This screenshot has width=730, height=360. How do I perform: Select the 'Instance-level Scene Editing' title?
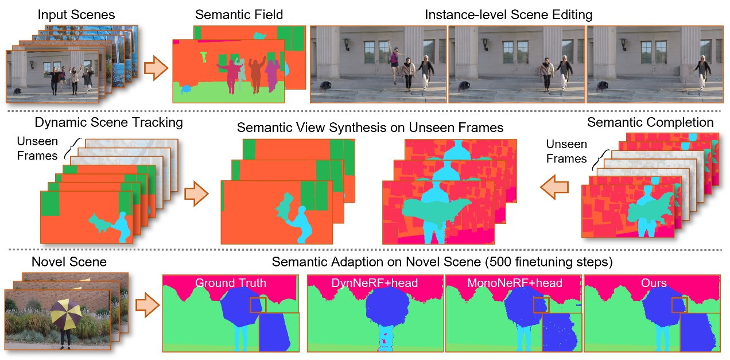[x=508, y=15]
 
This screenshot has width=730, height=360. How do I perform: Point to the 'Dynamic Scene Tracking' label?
[x=109, y=122]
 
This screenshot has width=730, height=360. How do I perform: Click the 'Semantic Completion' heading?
[x=651, y=122]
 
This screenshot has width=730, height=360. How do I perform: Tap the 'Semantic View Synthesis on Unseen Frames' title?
[x=370, y=127]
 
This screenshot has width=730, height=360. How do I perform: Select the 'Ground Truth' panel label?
[x=231, y=283]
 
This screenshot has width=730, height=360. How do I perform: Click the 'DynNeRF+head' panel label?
[x=375, y=283]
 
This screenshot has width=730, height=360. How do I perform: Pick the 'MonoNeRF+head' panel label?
[x=513, y=283]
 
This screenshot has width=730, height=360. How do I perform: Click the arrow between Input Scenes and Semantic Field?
[x=154, y=68]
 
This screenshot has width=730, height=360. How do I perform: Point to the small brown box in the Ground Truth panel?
[x=258, y=304]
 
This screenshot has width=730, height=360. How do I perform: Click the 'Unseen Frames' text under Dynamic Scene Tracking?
[x=37, y=149]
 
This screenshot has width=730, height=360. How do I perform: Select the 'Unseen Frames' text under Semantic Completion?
[x=567, y=151]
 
